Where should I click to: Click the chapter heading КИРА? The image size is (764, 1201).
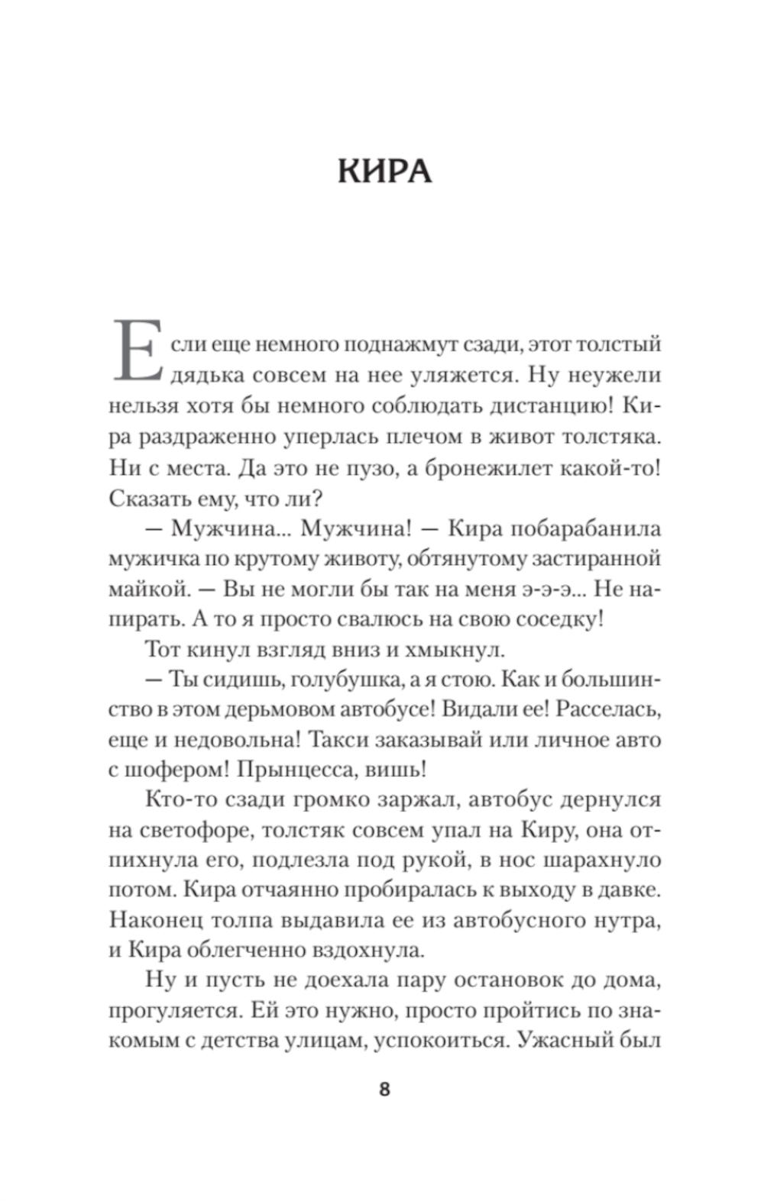(384, 172)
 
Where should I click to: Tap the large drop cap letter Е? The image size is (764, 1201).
(137, 352)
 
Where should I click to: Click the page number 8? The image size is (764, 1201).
(384, 1090)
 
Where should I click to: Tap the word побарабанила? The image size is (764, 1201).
(574, 528)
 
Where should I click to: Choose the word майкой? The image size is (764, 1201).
(147, 589)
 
